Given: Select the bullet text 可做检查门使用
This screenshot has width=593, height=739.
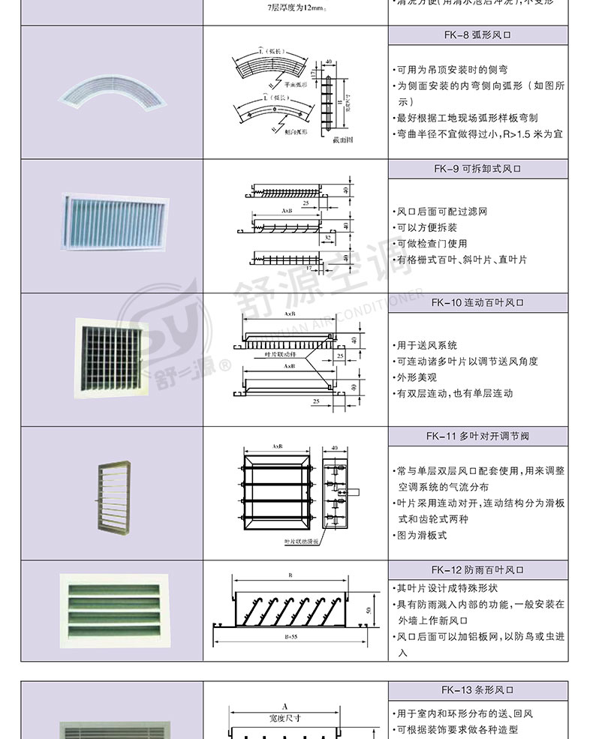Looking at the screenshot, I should [432, 243].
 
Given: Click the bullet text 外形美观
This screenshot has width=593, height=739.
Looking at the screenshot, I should [417, 377].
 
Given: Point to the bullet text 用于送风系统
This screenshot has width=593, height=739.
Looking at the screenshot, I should [427, 345].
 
